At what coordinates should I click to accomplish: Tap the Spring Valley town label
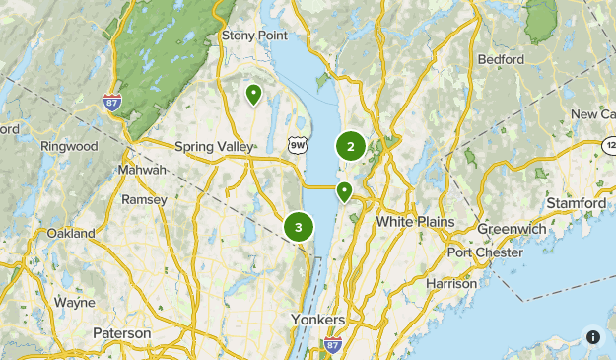(214, 147)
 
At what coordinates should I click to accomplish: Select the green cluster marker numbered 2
(351, 146)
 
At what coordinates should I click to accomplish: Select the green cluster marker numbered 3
(298, 227)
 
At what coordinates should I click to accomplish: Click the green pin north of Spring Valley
(253, 95)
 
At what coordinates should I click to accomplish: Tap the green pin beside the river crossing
(344, 191)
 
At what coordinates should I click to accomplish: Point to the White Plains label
(415, 222)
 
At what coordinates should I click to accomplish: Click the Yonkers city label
(318, 320)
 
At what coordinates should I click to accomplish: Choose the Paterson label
(122, 333)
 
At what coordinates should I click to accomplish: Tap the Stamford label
(577, 203)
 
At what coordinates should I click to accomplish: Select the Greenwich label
(512, 229)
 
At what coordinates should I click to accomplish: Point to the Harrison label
(452, 283)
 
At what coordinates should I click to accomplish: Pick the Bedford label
(501, 59)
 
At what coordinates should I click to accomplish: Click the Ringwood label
(69, 146)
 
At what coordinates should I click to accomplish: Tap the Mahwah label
(142, 170)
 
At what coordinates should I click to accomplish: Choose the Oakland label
(71, 234)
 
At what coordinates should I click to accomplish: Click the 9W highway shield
(298, 145)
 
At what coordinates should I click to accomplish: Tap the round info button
(592, 336)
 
